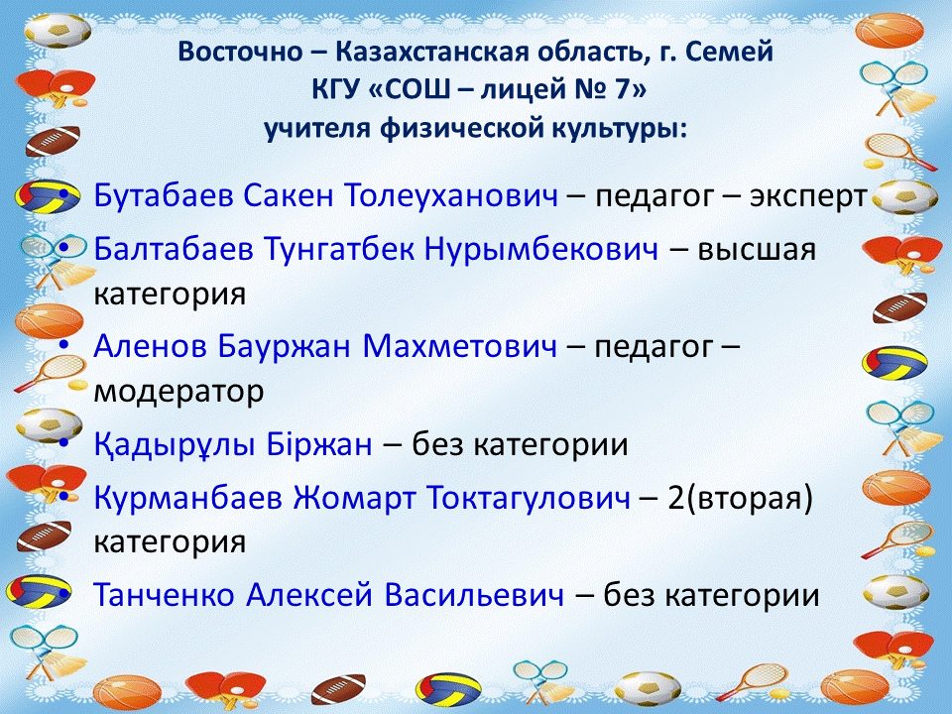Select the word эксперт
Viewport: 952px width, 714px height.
click(808, 196)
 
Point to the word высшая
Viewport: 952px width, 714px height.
click(757, 250)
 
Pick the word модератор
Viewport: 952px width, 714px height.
click(179, 392)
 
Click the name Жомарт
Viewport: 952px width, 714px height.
click(355, 497)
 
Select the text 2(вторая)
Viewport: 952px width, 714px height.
click(740, 498)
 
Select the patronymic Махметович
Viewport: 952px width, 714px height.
click(459, 345)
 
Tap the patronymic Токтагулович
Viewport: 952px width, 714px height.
click(529, 497)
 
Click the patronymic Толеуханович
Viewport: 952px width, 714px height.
click(451, 195)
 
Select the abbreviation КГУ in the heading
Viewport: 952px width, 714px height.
click(333, 90)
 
